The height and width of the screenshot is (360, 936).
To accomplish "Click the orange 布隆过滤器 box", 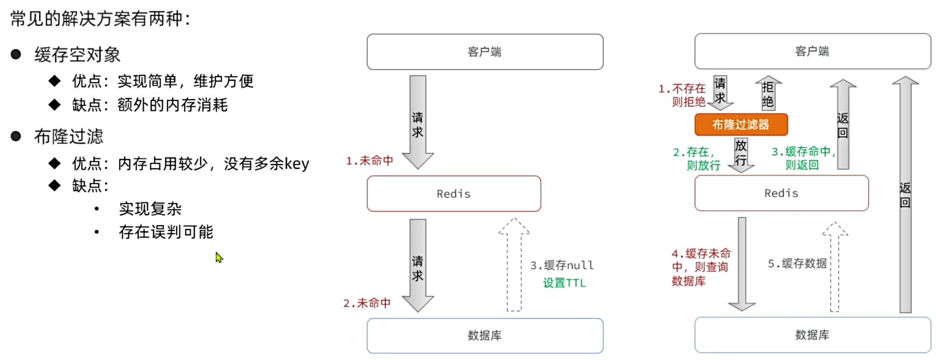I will pos(741,124).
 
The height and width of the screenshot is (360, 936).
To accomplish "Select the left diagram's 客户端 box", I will pos(485,52).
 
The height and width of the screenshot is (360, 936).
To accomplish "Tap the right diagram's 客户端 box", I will pos(813,51).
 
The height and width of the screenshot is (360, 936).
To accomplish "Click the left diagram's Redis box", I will pos(454,194).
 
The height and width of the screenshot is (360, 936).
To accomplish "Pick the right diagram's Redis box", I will pos(781,193).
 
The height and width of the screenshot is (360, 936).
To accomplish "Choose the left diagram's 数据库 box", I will pos(485,335).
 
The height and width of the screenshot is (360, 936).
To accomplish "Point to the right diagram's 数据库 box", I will pos(813,335).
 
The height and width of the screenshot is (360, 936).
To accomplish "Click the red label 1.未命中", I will pos(370,161).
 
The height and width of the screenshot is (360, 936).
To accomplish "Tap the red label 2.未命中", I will pos(367,303).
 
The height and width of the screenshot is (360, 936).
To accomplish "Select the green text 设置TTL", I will pos(564,283).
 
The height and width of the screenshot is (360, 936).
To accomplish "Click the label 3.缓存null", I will pos(562,265).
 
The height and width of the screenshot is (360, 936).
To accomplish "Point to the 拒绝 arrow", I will pos(768,94).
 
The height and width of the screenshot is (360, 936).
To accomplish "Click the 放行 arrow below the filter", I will pos(741,154).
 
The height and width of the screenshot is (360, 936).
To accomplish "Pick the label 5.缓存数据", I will pos(797,263).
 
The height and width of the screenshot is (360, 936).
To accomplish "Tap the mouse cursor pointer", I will pos(218,257).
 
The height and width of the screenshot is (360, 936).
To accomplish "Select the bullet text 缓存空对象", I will pos(77,55).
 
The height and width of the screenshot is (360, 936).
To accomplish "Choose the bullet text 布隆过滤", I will pos(69,137).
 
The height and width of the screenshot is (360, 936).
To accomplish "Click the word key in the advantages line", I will pos(297,164).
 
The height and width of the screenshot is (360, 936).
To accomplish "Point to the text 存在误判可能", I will pos(166,232).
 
